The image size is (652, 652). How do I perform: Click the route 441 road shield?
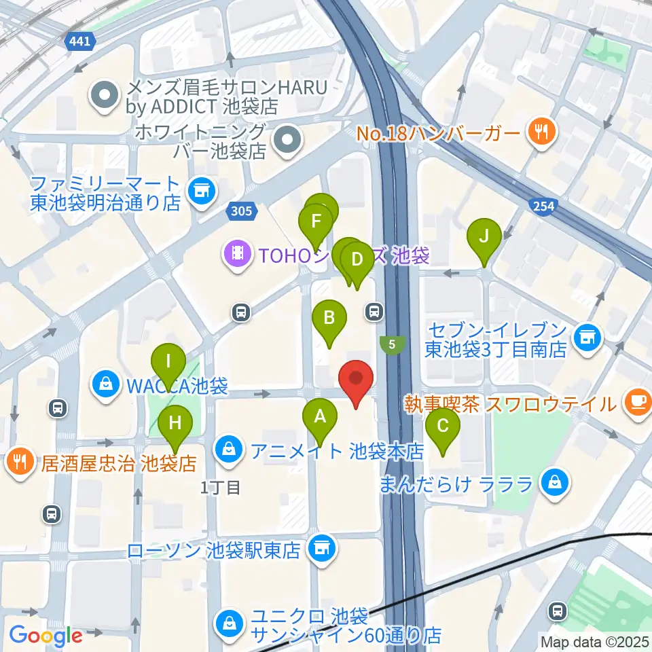point(80,42)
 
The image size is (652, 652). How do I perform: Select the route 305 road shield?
point(242,211)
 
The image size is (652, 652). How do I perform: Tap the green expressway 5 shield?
point(392,344)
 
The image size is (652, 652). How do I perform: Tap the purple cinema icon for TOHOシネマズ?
point(238,256)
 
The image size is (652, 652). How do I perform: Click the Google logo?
point(46,635)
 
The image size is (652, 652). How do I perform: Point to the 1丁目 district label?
point(221,487)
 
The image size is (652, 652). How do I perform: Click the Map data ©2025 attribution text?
point(594,641)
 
